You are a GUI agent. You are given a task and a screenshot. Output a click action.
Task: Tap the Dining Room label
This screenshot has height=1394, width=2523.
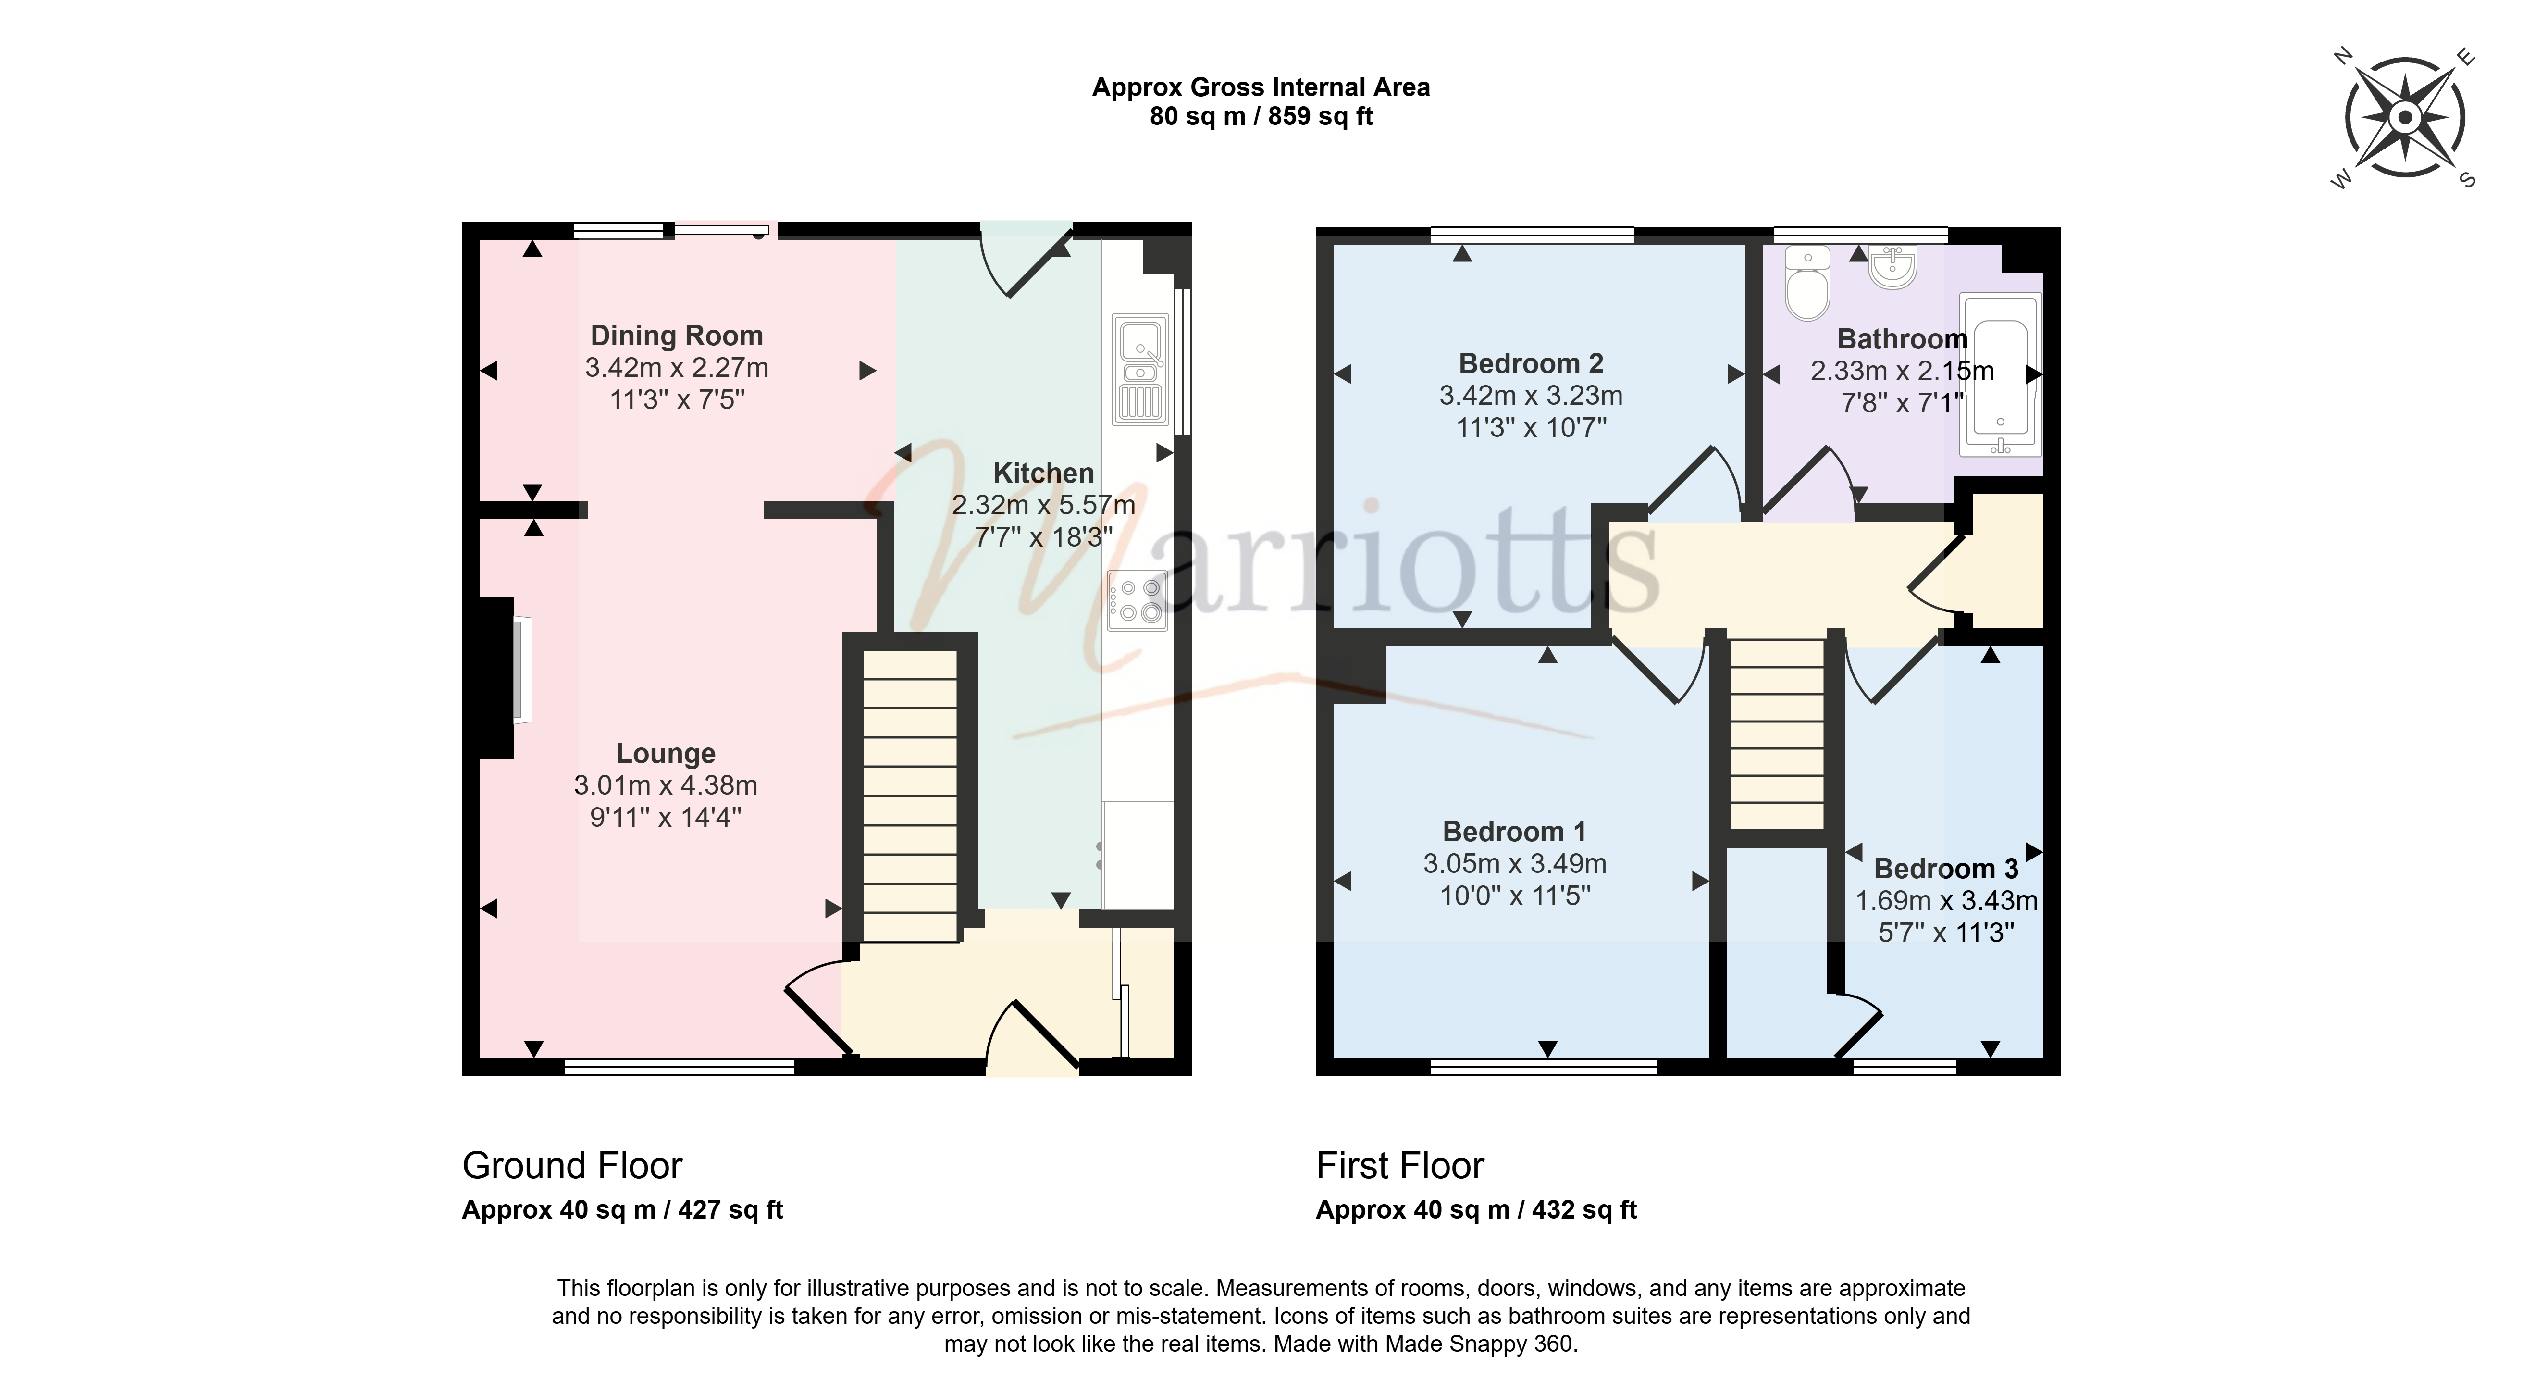[677, 336]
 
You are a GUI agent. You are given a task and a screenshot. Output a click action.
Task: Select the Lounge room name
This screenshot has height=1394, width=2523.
[666, 753]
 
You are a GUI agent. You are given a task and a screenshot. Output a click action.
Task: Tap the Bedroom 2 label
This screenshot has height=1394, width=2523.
[1531, 363]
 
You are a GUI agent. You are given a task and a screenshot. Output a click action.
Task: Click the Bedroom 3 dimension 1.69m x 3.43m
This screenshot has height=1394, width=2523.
[1946, 901]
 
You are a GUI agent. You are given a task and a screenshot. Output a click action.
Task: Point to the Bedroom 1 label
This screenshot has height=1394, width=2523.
[1514, 832]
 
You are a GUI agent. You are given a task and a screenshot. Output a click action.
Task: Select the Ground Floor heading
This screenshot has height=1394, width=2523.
[572, 1166]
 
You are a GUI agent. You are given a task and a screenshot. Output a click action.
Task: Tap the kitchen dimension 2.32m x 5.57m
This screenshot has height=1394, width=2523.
[1044, 506]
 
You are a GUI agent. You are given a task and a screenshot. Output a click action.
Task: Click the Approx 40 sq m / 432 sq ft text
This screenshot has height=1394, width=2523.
[1476, 1210]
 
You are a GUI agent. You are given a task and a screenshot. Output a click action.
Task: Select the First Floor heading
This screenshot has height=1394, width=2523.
[1399, 1166]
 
